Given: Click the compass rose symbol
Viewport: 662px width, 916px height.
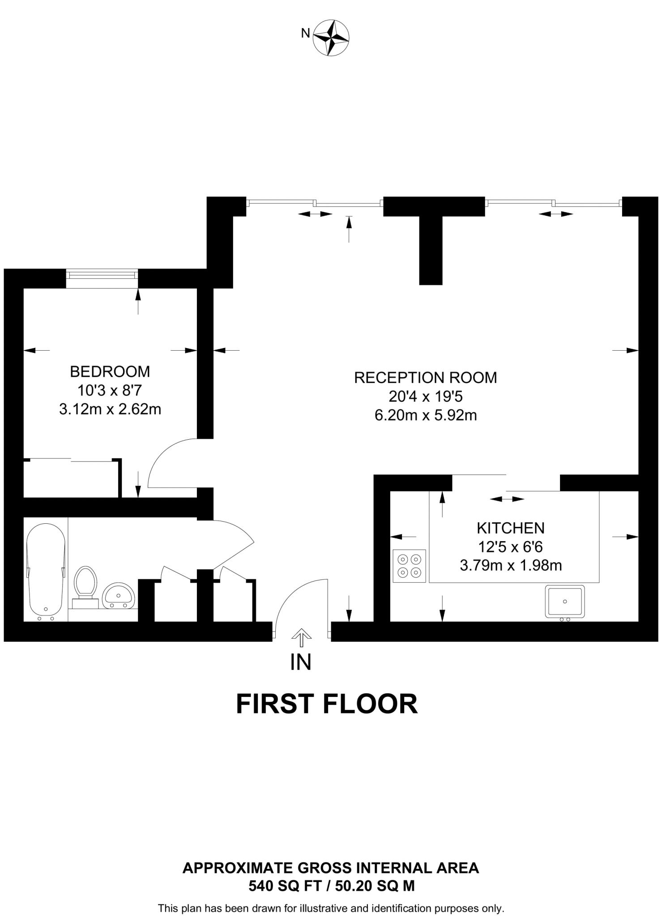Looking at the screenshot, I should [x=331, y=38].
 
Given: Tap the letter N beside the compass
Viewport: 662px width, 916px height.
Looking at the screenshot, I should [x=305, y=33].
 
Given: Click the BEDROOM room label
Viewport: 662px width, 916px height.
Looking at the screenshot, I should [x=110, y=371].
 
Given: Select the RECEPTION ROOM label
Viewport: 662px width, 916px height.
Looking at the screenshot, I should [x=425, y=377].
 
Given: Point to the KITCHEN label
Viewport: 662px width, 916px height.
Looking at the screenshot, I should [x=510, y=528].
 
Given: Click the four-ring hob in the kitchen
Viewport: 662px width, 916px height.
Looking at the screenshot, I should [x=409, y=566].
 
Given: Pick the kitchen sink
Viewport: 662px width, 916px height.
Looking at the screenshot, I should [x=564, y=602].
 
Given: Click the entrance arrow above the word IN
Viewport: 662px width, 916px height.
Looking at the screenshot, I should [x=301, y=638].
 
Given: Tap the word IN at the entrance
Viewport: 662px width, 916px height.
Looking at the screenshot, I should [x=300, y=662].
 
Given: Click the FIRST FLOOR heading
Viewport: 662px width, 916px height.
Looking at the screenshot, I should [x=326, y=704].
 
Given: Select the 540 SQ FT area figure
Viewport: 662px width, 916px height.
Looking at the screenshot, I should [x=289, y=886].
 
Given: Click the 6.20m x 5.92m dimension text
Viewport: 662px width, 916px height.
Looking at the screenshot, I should [x=425, y=416].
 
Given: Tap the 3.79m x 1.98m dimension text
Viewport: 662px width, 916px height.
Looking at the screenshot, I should [x=510, y=566].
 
